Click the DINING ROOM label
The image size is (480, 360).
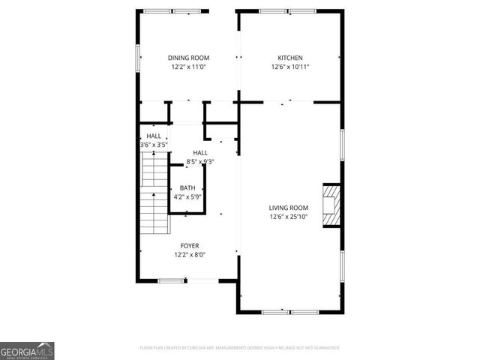[x=188, y=58]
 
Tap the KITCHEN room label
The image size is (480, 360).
[x=289, y=58]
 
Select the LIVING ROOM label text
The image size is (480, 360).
[x=289, y=208]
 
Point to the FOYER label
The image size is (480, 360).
[x=189, y=245]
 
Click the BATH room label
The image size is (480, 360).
[x=187, y=189]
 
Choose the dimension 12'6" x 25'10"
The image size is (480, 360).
[x=289, y=217]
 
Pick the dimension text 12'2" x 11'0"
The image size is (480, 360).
[x=188, y=67]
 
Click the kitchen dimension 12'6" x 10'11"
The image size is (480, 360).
[x=289, y=67]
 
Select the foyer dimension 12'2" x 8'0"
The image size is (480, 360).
[x=189, y=254]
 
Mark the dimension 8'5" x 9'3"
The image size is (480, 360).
[x=200, y=161]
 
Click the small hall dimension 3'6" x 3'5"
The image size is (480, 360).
[x=154, y=144]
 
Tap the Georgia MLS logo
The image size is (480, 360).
[x=27, y=350]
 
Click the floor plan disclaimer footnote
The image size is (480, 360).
[x=240, y=348]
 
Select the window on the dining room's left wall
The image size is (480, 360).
[x=138, y=58]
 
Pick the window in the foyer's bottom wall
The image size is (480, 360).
[x=172, y=281]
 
